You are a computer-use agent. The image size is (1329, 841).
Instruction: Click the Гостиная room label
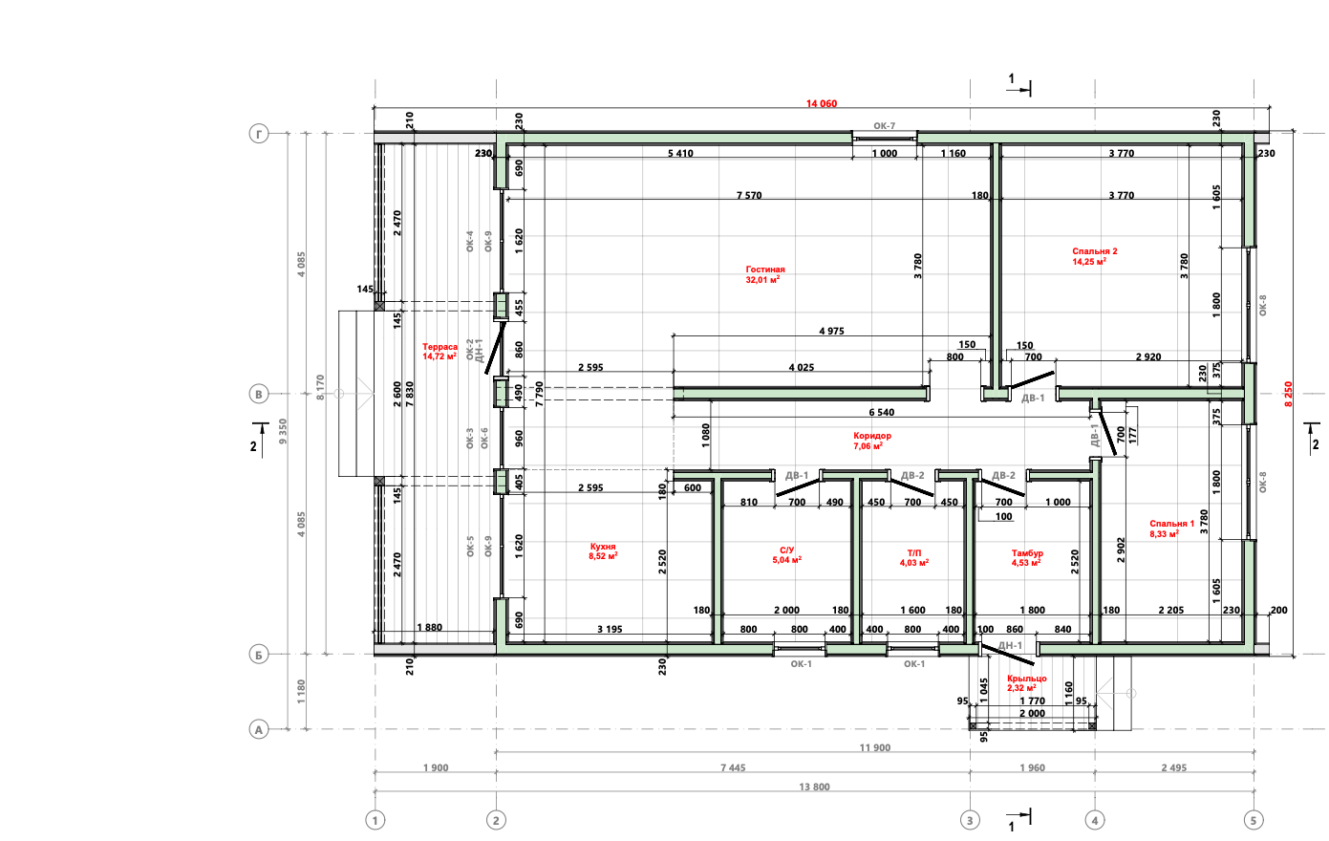764,270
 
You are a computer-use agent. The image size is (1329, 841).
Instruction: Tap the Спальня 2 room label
1094,251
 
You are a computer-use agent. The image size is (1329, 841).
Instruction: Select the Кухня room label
603,547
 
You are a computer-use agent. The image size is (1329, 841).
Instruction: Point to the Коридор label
872,436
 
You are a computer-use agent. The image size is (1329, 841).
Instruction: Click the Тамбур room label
1027,553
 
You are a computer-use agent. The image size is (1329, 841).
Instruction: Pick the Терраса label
439,347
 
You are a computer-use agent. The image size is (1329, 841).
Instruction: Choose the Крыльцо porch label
1026,679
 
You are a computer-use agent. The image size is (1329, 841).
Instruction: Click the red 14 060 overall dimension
821,104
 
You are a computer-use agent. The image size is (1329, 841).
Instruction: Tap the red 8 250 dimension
1288,394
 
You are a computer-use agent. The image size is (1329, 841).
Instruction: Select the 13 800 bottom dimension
814,787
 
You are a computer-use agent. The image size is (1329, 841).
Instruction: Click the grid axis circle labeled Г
259,134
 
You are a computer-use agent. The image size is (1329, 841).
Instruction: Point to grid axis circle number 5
1254,821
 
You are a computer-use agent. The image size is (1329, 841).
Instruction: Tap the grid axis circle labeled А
259,729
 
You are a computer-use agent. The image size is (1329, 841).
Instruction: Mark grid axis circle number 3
970,821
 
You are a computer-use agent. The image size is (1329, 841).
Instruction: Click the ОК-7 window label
884,126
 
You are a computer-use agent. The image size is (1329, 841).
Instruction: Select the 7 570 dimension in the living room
749,195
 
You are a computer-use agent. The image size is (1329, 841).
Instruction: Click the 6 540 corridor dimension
882,413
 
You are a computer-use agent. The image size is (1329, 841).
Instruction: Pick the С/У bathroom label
786,550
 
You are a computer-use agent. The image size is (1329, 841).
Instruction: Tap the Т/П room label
914,553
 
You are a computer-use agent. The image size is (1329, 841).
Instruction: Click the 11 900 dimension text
875,747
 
